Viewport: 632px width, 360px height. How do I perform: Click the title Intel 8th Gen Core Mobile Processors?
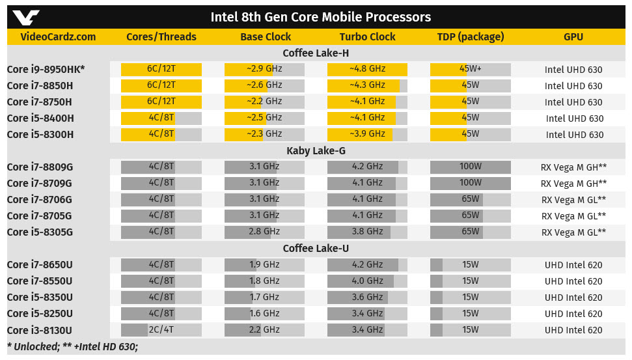320,17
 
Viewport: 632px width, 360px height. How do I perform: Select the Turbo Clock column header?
367,37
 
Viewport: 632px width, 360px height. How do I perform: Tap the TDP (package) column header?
471,37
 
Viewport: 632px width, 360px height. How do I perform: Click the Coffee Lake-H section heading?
315,53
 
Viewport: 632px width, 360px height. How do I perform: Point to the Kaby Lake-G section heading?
316,151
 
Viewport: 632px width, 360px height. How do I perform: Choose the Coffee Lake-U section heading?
315,249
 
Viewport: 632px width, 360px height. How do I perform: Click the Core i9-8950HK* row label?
46,70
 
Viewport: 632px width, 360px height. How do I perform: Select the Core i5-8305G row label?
40,232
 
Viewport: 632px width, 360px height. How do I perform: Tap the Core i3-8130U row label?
40,330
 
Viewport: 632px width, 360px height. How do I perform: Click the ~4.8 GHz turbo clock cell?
367,70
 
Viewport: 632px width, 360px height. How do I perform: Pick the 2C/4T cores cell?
161,329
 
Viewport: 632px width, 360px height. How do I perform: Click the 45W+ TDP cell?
471,70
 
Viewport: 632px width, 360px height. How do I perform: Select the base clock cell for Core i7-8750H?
264,102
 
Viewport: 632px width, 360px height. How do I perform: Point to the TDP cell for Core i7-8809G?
471,167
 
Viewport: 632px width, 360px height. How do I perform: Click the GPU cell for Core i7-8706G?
573,200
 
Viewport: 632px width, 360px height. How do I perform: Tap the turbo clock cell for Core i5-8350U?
367,297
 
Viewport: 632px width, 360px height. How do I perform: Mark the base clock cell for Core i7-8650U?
264,264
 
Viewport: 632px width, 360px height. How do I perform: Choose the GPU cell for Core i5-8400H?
573,118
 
